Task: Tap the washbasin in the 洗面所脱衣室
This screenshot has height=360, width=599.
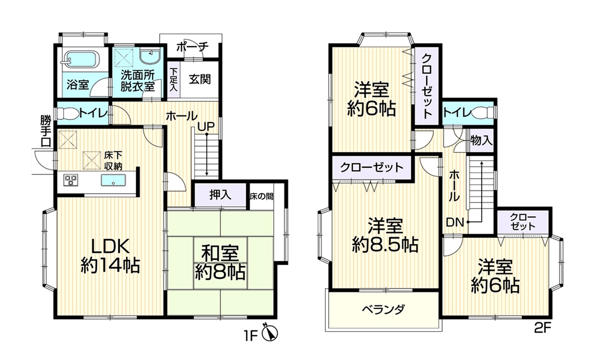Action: [x=150, y=57]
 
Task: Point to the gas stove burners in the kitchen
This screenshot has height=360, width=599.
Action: [x=71, y=179]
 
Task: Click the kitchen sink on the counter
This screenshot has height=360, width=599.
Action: [x=113, y=180]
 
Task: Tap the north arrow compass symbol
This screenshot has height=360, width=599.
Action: [x=270, y=333]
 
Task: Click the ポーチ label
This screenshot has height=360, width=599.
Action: [x=192, y=48]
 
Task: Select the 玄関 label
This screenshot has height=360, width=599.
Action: [x=200, y=79]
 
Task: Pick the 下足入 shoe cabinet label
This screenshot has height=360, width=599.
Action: [x=174, y=80]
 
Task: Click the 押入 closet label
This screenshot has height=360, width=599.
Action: [x=220, y=195]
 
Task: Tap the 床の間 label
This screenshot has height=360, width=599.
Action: [x=261, y=197]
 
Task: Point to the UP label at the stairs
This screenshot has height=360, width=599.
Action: [x=206, y=126]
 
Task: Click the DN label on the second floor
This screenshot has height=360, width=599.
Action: [x=454, y=222]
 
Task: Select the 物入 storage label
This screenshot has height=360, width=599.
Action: [x=482, y=141]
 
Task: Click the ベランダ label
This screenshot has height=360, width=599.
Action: [x=383, y=309]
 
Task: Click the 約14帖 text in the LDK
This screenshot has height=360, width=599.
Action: [x=110, y=265]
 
